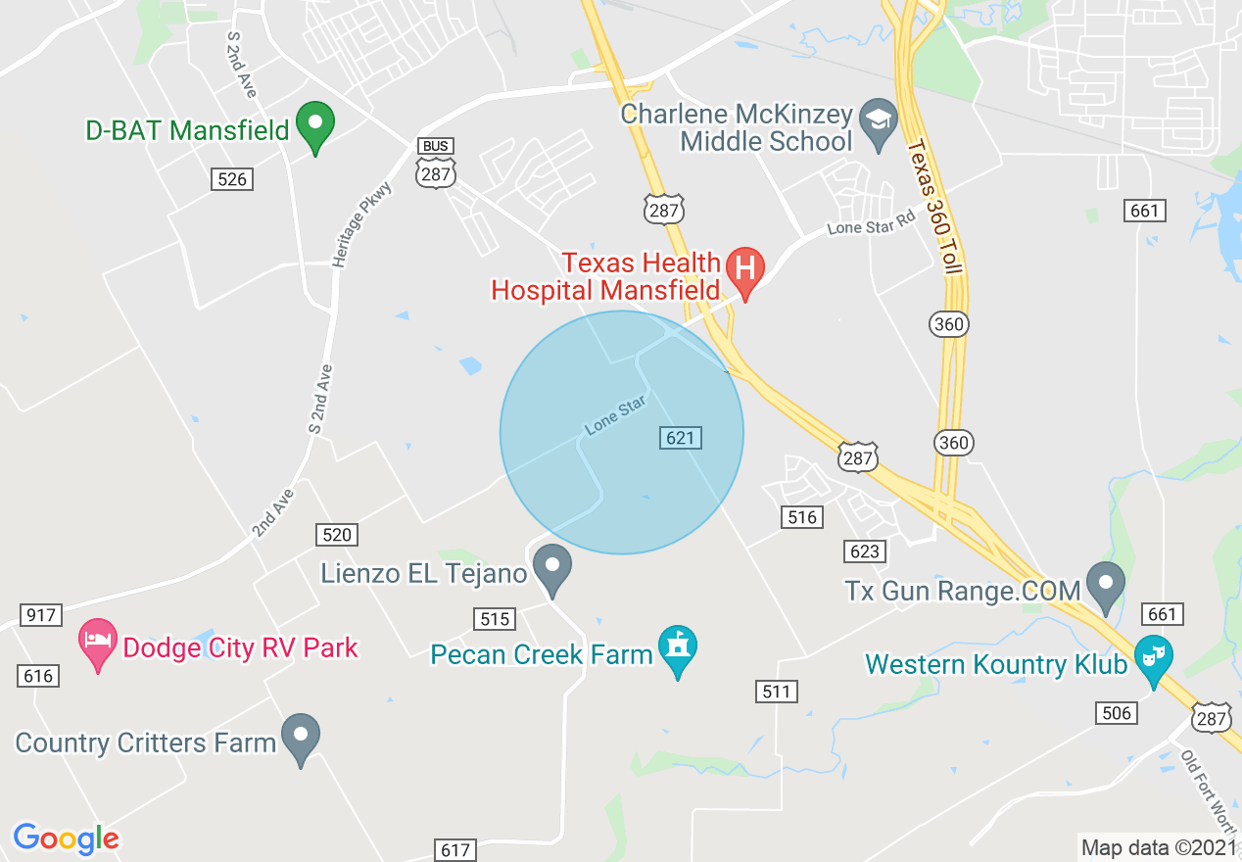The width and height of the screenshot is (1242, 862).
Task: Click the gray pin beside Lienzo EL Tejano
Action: [552, 568]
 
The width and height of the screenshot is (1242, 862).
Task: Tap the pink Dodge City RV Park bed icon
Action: [97, 643]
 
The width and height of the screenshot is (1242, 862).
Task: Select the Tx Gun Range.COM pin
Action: [1107, 586]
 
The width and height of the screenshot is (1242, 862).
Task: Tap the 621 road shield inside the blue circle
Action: [681, 438]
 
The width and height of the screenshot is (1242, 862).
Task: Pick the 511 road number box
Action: [776, 692]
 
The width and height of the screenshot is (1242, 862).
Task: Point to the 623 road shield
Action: [865, 551]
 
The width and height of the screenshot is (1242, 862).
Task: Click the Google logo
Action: [66, 838]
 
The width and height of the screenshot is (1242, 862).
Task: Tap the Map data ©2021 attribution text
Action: [1157, 846]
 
